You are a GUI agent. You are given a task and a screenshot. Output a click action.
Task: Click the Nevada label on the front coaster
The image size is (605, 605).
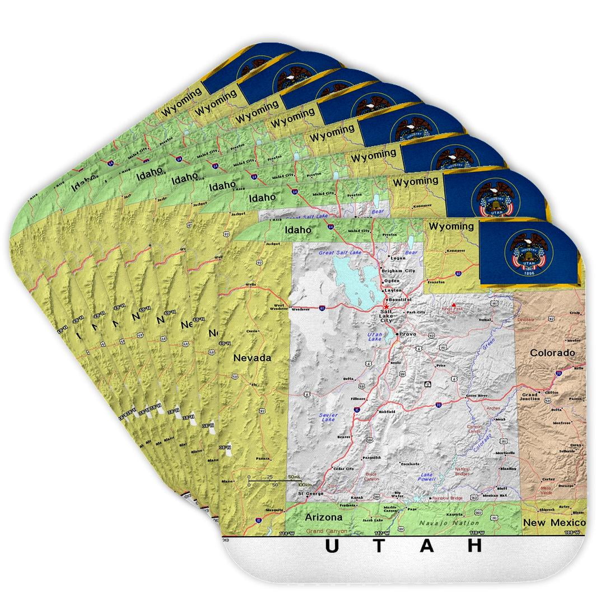pos(252,357)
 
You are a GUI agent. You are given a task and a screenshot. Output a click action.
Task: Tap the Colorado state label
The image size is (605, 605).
pos(552,353)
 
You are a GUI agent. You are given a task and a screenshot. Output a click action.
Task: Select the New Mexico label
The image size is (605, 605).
pos(554,522)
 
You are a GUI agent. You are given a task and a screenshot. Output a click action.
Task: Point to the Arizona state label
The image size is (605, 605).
pos(323,518)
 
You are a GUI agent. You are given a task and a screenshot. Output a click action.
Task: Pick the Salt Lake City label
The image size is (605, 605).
pos(387,317)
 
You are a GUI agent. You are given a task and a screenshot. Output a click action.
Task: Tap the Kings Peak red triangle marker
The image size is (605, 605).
pos(454,305)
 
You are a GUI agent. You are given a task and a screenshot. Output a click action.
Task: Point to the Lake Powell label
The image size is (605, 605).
pos(426,477)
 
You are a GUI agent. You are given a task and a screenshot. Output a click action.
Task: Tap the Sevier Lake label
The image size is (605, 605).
pos(328,417)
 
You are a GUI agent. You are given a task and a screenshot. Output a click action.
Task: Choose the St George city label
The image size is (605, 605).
pos(311,494)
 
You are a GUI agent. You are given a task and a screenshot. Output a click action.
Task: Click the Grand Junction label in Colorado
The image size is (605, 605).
pos(530,397)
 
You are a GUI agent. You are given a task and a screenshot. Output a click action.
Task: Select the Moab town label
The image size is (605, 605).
pos(500,419)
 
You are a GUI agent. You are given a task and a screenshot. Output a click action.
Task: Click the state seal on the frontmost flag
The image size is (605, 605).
pos(527,253)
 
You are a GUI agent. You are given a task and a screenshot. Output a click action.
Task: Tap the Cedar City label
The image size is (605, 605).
pos(343,468)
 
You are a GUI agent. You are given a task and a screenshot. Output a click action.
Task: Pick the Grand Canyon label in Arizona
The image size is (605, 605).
pos(326,530)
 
